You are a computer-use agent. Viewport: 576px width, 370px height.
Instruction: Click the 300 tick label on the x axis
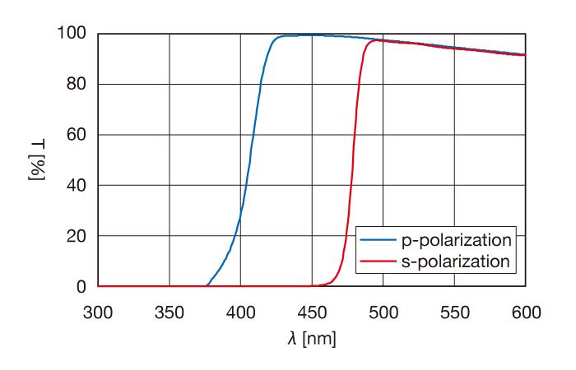point(98,312)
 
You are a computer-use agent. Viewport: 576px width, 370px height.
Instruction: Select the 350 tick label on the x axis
point(170,312)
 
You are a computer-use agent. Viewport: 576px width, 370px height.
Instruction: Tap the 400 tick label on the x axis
point(240,312)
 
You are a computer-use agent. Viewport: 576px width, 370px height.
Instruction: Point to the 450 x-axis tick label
point(312,312)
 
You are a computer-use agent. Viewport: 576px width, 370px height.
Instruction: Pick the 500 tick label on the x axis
point(383,312)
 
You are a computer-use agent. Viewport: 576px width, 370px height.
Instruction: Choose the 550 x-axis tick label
point(454,312)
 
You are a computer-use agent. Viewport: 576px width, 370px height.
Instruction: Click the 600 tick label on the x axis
point(525,312)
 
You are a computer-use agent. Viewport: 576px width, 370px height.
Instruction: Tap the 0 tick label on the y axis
point(81,287)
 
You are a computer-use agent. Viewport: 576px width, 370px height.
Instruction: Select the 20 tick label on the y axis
point(77,236)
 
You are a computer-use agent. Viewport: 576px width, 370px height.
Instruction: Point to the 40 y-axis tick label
point(77,185)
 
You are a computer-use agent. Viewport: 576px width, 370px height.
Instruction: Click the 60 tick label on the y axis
point(77,135)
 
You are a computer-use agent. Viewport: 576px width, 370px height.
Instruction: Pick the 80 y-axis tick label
point(77,84)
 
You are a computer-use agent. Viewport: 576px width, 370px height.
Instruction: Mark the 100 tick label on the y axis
point(72,34)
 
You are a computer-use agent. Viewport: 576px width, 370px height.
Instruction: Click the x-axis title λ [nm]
point(312,339)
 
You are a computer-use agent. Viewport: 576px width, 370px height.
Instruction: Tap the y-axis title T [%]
point(36,160)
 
